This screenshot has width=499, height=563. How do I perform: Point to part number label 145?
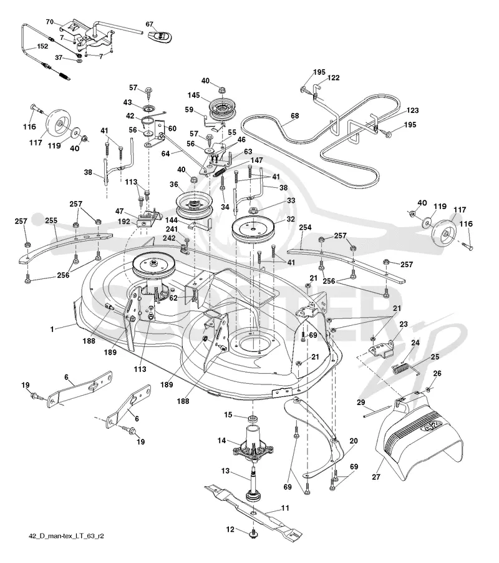(x=194, y=95)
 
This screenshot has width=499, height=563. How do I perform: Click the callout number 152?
(x=42, y=46)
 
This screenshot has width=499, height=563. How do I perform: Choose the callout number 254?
(x=305, y=227)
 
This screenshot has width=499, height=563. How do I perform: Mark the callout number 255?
(x=51, y=220)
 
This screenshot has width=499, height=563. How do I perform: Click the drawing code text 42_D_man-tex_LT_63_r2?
(x=66, y=536)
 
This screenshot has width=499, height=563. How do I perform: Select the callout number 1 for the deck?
(x=52, y=330)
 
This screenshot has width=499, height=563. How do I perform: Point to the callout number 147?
(x=256, y=160)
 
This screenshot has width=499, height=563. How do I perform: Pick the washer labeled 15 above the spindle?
(x=253, y=419)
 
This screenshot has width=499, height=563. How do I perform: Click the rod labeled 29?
(x=377, y=412)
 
